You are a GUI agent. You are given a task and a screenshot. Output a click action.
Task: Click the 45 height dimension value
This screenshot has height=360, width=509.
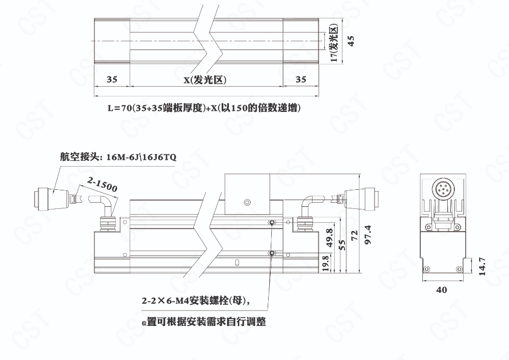351,42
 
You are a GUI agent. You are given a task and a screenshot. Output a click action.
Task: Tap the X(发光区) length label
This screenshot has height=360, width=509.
205,80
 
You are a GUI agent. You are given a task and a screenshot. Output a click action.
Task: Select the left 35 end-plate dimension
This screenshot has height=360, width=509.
112,80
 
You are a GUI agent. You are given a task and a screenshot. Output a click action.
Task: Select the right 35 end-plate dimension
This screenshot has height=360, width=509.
301,80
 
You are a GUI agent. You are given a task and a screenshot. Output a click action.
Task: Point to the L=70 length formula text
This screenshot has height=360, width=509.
204,108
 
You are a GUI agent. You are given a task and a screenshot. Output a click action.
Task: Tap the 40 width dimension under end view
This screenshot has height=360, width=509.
441,290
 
